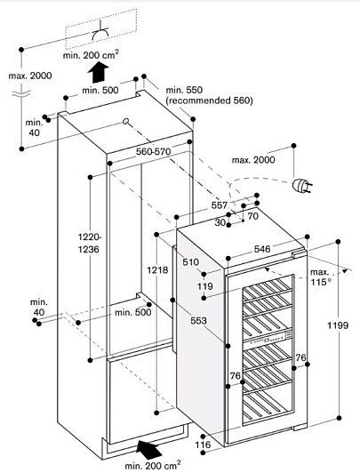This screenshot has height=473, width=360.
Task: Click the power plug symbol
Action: [x=302, y=185]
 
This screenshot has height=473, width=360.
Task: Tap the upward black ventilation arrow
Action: [x=99, y=72]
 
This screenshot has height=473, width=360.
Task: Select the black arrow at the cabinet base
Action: [x=148, y=449]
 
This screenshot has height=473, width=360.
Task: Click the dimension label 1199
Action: [x=339, y=325]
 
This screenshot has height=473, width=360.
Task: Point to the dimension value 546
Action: [x=262, y=249]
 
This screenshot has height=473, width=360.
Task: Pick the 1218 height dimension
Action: [x=157, y=269]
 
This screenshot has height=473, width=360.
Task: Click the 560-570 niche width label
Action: [x=153, y=151]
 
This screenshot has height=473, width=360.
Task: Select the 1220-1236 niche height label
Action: [x=89, y=243]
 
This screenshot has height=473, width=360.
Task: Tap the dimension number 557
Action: [x=220, y=205]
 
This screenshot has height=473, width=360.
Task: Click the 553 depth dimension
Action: [x=199, y=321]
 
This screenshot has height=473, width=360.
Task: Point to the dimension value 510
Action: [x=191, y=261]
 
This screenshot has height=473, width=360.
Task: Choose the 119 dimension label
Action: [x=205, y=286]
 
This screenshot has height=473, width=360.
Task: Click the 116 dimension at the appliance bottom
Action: [x=203, y=445]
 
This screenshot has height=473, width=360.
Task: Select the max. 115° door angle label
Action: [x=321, y=277]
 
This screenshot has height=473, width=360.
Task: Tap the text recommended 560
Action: [x=210, y=100]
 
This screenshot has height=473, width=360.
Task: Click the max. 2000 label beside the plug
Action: [x=253, y=159]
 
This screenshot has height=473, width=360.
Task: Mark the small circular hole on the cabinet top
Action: [x=125, y=121]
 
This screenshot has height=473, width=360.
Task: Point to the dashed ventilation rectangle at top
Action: [x=101, y=29]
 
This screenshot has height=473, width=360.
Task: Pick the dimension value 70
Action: [x=253, y=216]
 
